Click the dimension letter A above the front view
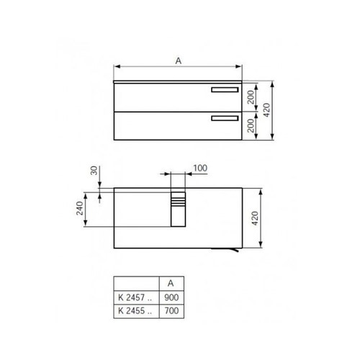pos(177,61)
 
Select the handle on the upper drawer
pos(224,90)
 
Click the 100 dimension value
pos(200,168)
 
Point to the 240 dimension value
pos(81,210)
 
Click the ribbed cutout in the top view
pos(177,210)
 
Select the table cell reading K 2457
pos(135,297)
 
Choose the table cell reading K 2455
pos(135,311)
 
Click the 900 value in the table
pos(170,297)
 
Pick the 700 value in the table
pos(170,311)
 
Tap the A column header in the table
pos(170,284)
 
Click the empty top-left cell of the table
pos(135,284)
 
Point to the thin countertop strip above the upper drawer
pos(178,81)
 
